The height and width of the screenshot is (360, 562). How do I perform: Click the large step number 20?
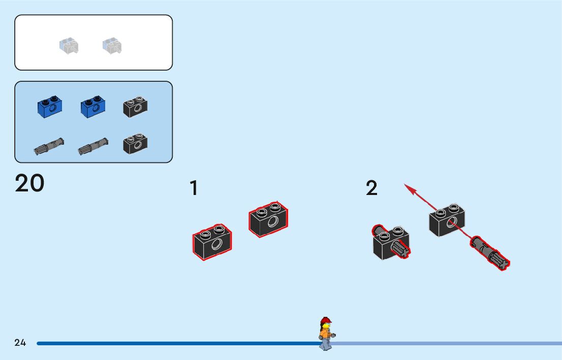click(30, 183)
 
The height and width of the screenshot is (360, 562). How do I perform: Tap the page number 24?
click(20, 343)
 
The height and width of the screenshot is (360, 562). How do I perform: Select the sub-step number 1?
click(194, 188)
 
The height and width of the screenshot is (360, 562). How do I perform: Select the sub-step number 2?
click(372, 188)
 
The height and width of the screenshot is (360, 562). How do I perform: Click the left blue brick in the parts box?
click(49, 106)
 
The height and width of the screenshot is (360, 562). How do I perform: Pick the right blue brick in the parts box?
click(92, 107)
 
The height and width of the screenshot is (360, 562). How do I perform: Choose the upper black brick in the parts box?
click(135, 107)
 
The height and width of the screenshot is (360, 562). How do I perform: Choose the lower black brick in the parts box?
click(135, 144)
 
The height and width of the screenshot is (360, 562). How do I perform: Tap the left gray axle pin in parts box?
click(49, 146)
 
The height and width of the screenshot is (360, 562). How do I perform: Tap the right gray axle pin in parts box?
click(93, 146)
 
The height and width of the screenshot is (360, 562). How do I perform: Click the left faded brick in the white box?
click(68, 46)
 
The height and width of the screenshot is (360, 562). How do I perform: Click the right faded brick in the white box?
click(112, 46)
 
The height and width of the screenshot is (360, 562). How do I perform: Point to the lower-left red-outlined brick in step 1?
click(212, 242)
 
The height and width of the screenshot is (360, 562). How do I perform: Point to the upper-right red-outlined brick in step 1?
click(268, 219)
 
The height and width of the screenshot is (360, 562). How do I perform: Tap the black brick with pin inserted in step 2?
click(390, 243)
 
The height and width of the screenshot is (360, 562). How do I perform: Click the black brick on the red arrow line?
click(447, 220)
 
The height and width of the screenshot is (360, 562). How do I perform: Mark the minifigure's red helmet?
click(325, 321)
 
